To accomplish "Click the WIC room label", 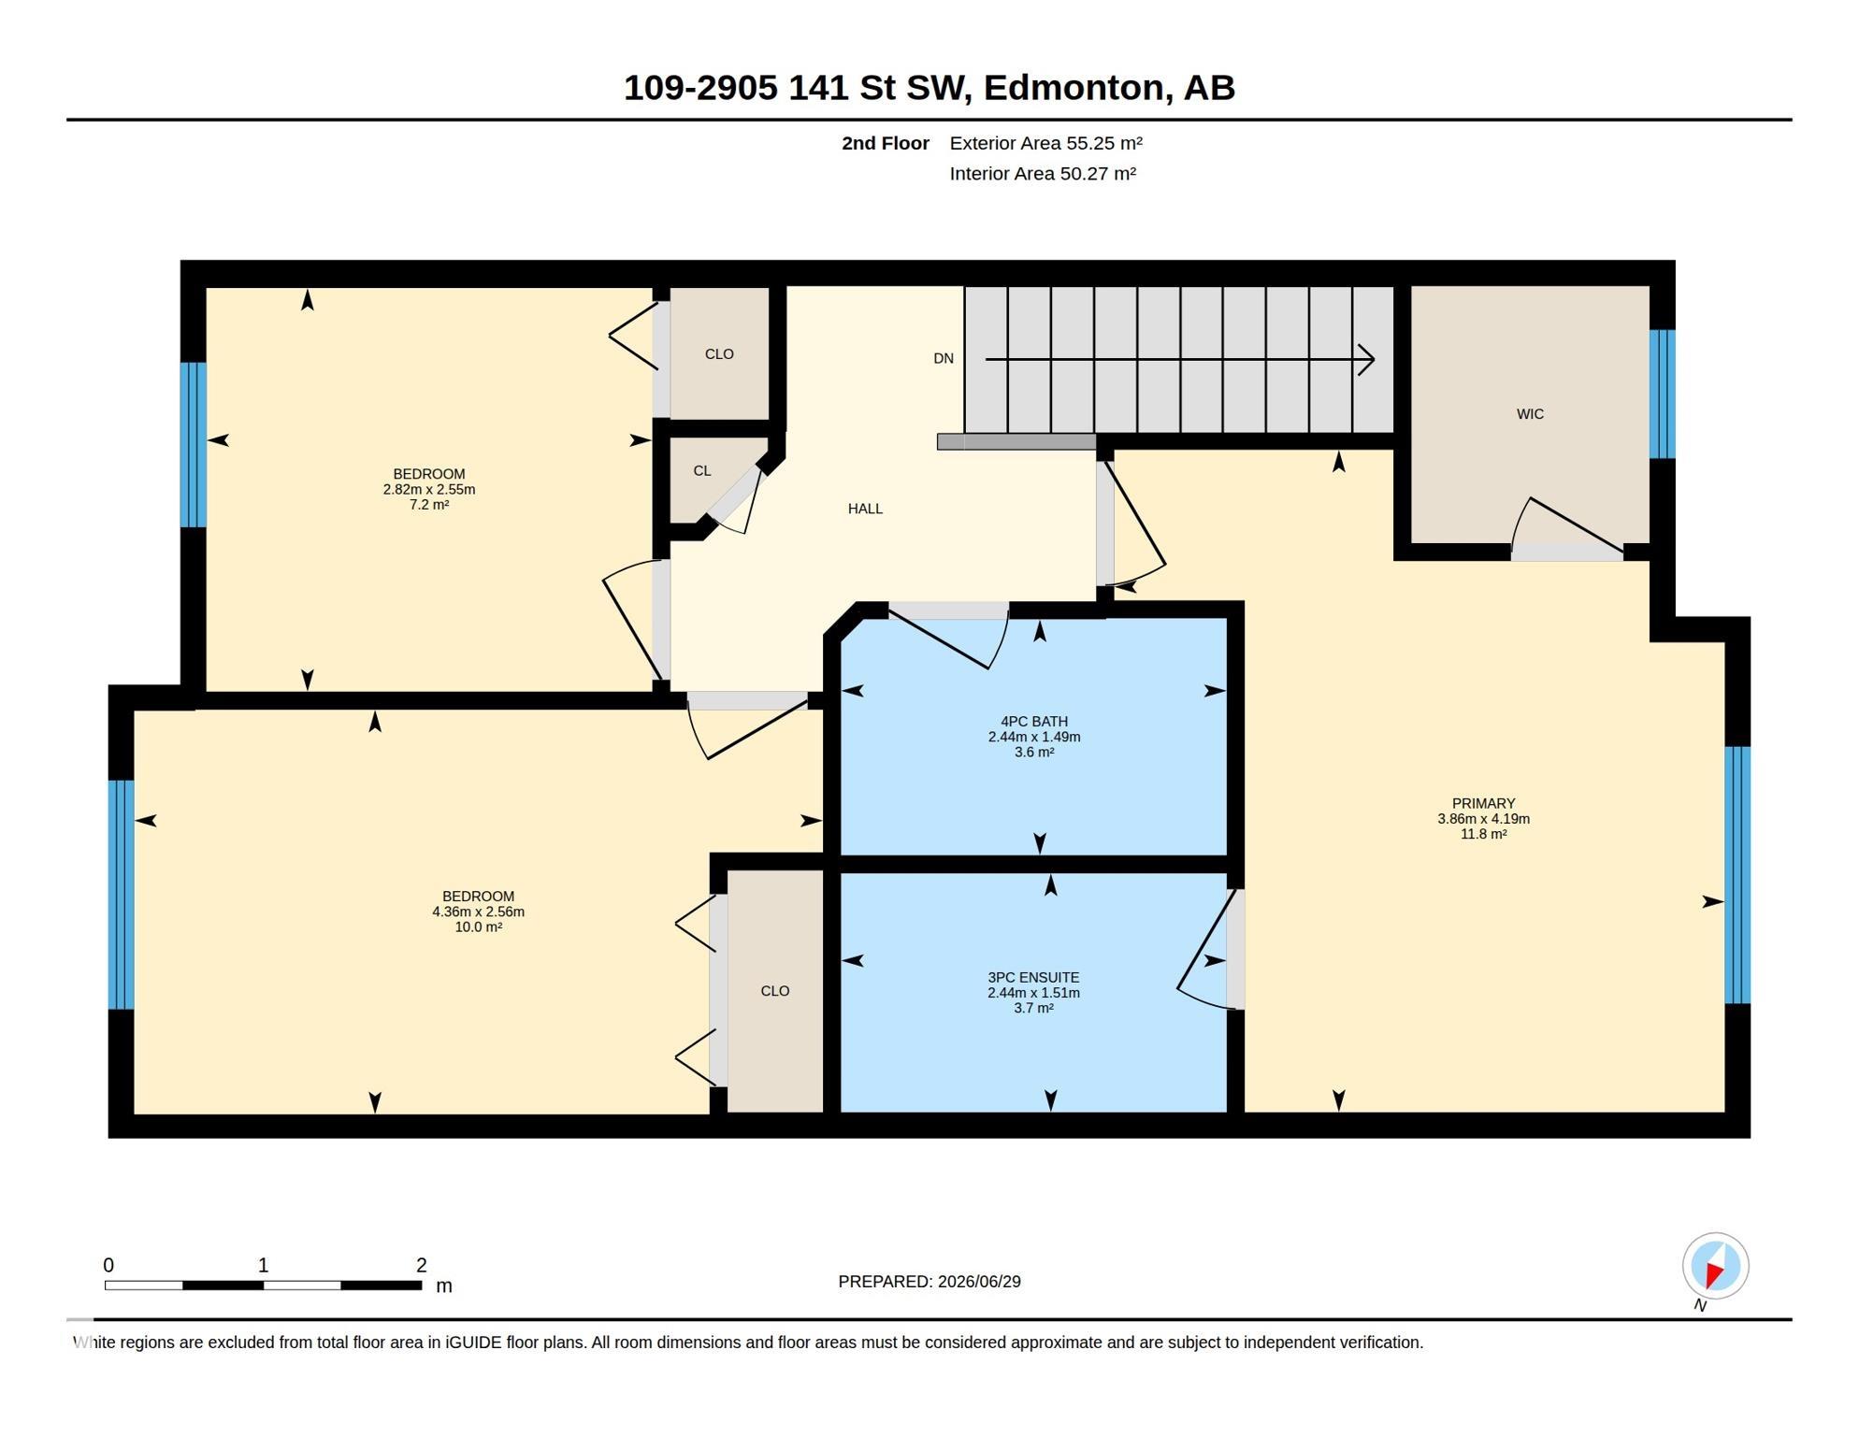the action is [x=1530, y=414].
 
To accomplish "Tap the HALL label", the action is [x=865, y=509].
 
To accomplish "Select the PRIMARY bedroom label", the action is [x=1483, y=803].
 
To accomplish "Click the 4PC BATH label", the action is [x=1034, y=722].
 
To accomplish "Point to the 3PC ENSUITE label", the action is [x=1033, y=978].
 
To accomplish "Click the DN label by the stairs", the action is [x=944, y=358].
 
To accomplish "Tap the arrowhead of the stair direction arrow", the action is [x=1367, y=359].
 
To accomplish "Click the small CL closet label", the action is [x=702, y=471].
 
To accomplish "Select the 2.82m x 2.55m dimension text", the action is [x=429, y=489].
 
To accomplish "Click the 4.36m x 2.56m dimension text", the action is [x=478, y=912].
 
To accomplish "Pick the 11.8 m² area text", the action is [x=1483, y=834].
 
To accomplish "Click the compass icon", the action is [x=1715, y=1267].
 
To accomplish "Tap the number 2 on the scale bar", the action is [x=422, y=1265].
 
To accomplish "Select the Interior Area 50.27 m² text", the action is [x=1043, y=174].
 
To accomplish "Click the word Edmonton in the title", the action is [x=1077, y=88].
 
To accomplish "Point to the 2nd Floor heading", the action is [x=885, y=143].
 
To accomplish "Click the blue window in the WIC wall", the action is [x=1662, y=394].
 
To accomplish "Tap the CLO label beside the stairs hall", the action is [x=719, y=354].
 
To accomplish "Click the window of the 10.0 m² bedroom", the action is [x=122, y=895].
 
